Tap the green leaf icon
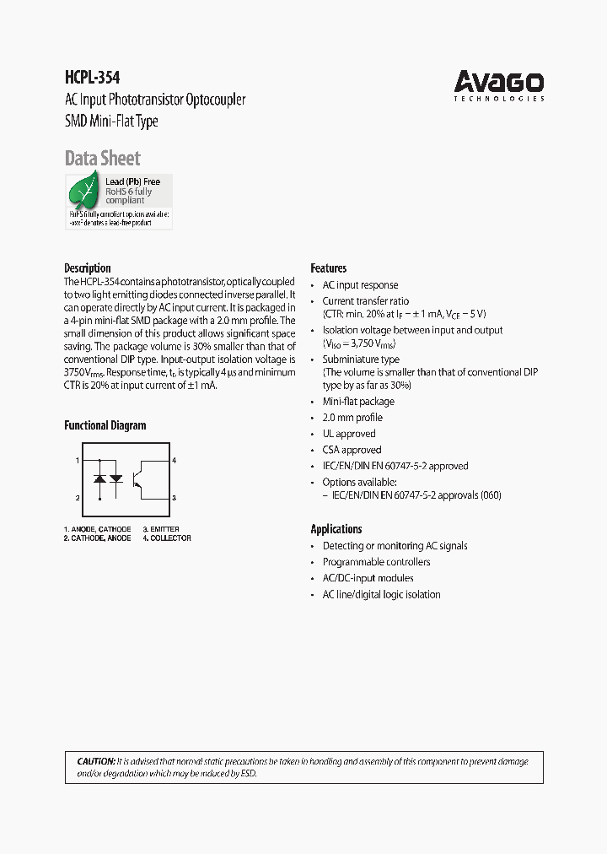coord(84,193)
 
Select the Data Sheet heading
coord(102,158)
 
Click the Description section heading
coord(88,268)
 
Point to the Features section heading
coord(329,268)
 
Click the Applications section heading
coord(336,529)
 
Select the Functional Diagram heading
coord(105,425)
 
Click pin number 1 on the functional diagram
coord(78,460)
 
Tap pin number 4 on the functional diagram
coord(174,460)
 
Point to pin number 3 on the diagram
coord(174,498)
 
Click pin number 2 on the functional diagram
coord(78,498)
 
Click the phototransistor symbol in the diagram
coord(148,478)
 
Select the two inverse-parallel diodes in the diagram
coord(108,478)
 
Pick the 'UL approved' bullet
coord(349,434)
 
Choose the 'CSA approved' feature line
coord(352,450)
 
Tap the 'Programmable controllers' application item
coord(376,562)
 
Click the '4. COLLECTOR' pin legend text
coord(167,538)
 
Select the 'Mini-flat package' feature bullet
coord(358,402)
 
